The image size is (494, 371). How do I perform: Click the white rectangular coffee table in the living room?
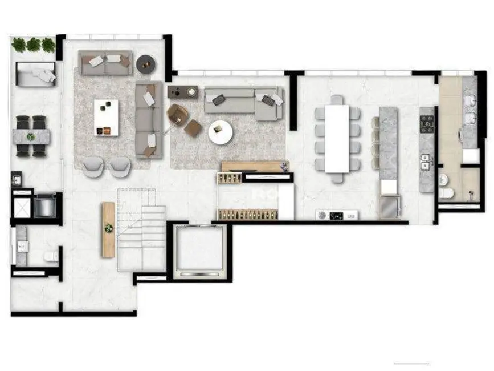[x=107, y=117]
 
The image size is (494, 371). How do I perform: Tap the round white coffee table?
[x=220, y=132]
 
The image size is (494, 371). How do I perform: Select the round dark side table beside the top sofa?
[x=145, y=64]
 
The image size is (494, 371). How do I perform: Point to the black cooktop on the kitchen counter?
[x=427, y=122]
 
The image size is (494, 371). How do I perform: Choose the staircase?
[x=141, y=231]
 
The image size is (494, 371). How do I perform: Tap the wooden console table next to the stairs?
[x=108, y=229]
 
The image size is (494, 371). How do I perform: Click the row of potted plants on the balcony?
[x=34, y=44]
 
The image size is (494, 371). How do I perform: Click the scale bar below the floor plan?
[x=411, y=363]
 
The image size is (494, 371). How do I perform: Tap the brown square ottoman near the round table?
[x=193, y=127]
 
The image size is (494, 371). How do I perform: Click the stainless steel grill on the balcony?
[x=44, y=206]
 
